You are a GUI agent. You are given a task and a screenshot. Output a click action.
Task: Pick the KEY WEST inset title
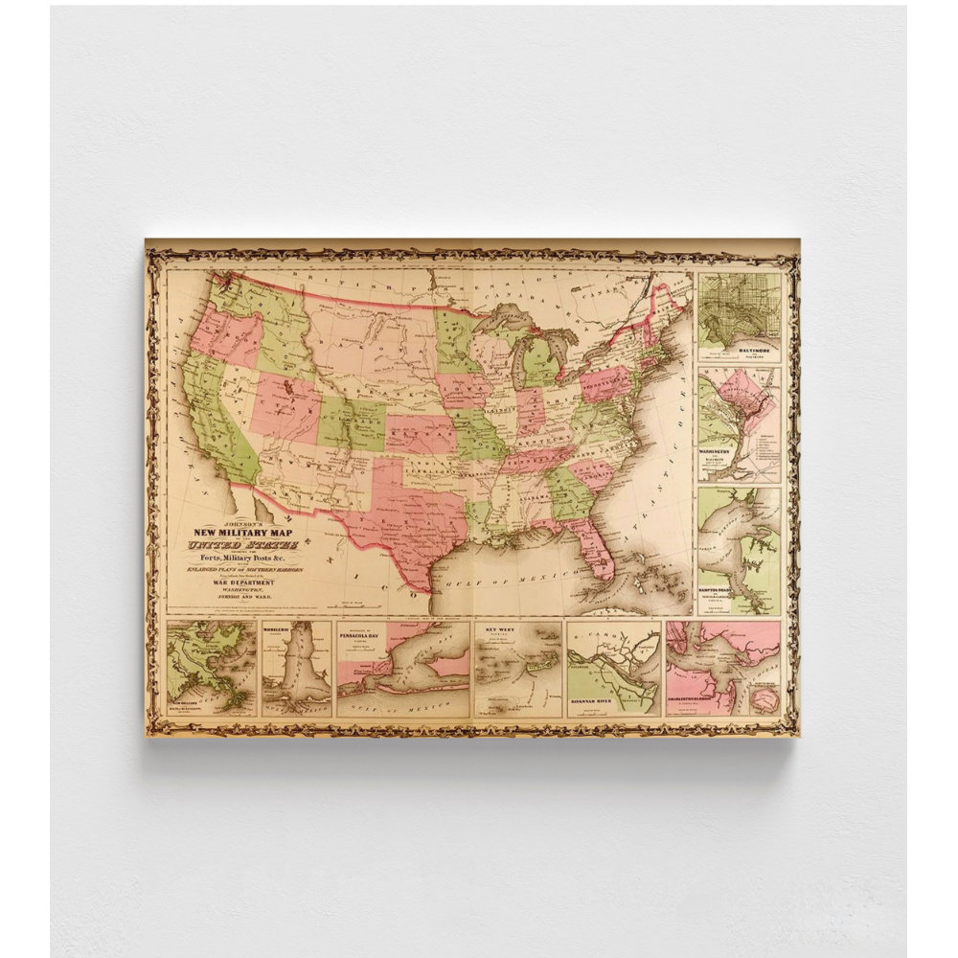click(x=501, y=630)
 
